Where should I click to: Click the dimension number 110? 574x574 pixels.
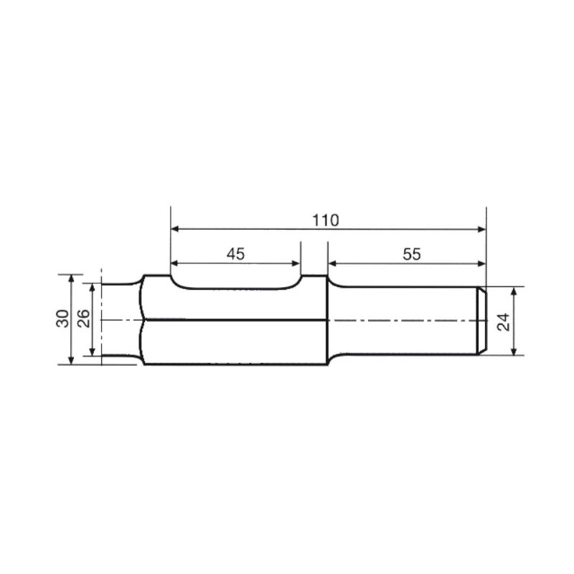pyautogui.click(x=326, y=220)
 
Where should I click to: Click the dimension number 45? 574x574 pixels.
pyautogui.click(x=236, y=254)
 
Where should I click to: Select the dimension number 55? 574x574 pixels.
pyautogui.click(x=412, y=254)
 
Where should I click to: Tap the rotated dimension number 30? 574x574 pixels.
pyautogui.click(x=62, y=319)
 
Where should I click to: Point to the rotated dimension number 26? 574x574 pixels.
pyautogui.click(x=83, y=319)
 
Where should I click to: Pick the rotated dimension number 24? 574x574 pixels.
pyautogui.click(x=504, y=322)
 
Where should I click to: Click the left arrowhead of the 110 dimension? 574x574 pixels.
pyautogui.click(x=174, y=229)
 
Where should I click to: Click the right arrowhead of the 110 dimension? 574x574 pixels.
pyautogui.click(x=482, y=229)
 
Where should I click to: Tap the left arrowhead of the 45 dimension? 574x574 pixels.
pyautogui.click(x=174, y=263)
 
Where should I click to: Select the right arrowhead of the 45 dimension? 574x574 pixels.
pyautogui.click(x=296, y=263)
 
